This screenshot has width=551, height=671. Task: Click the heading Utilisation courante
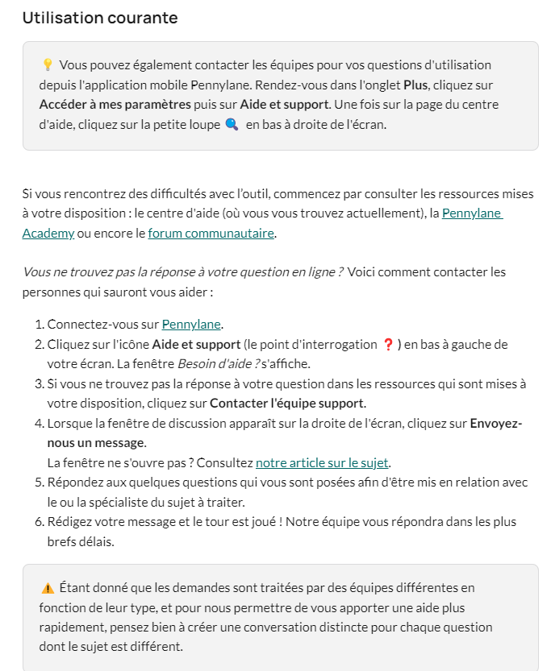pyautogui.click(x=100, y=18)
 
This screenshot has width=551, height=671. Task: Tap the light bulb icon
pyautogui.click(x=47, y=65)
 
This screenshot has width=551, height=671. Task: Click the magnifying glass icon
pyautogui.click(x=232, y=125)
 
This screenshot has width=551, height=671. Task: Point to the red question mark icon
pyautogui.click(x=388, y=345)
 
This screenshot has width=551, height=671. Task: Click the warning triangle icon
pyautogui.click(x=47, y=588)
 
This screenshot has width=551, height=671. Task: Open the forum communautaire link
pyautogui.click(x=211, y=234)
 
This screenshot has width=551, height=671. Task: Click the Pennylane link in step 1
pyautogui.click(x=191, y=325)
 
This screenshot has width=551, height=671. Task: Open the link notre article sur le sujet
pyautogui.click(x=322, y=462)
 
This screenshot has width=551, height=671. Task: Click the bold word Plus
pyautogui.click(x=415, y=85)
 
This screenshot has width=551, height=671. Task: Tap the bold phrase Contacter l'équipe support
pyautogui.click(x=287, y=403)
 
